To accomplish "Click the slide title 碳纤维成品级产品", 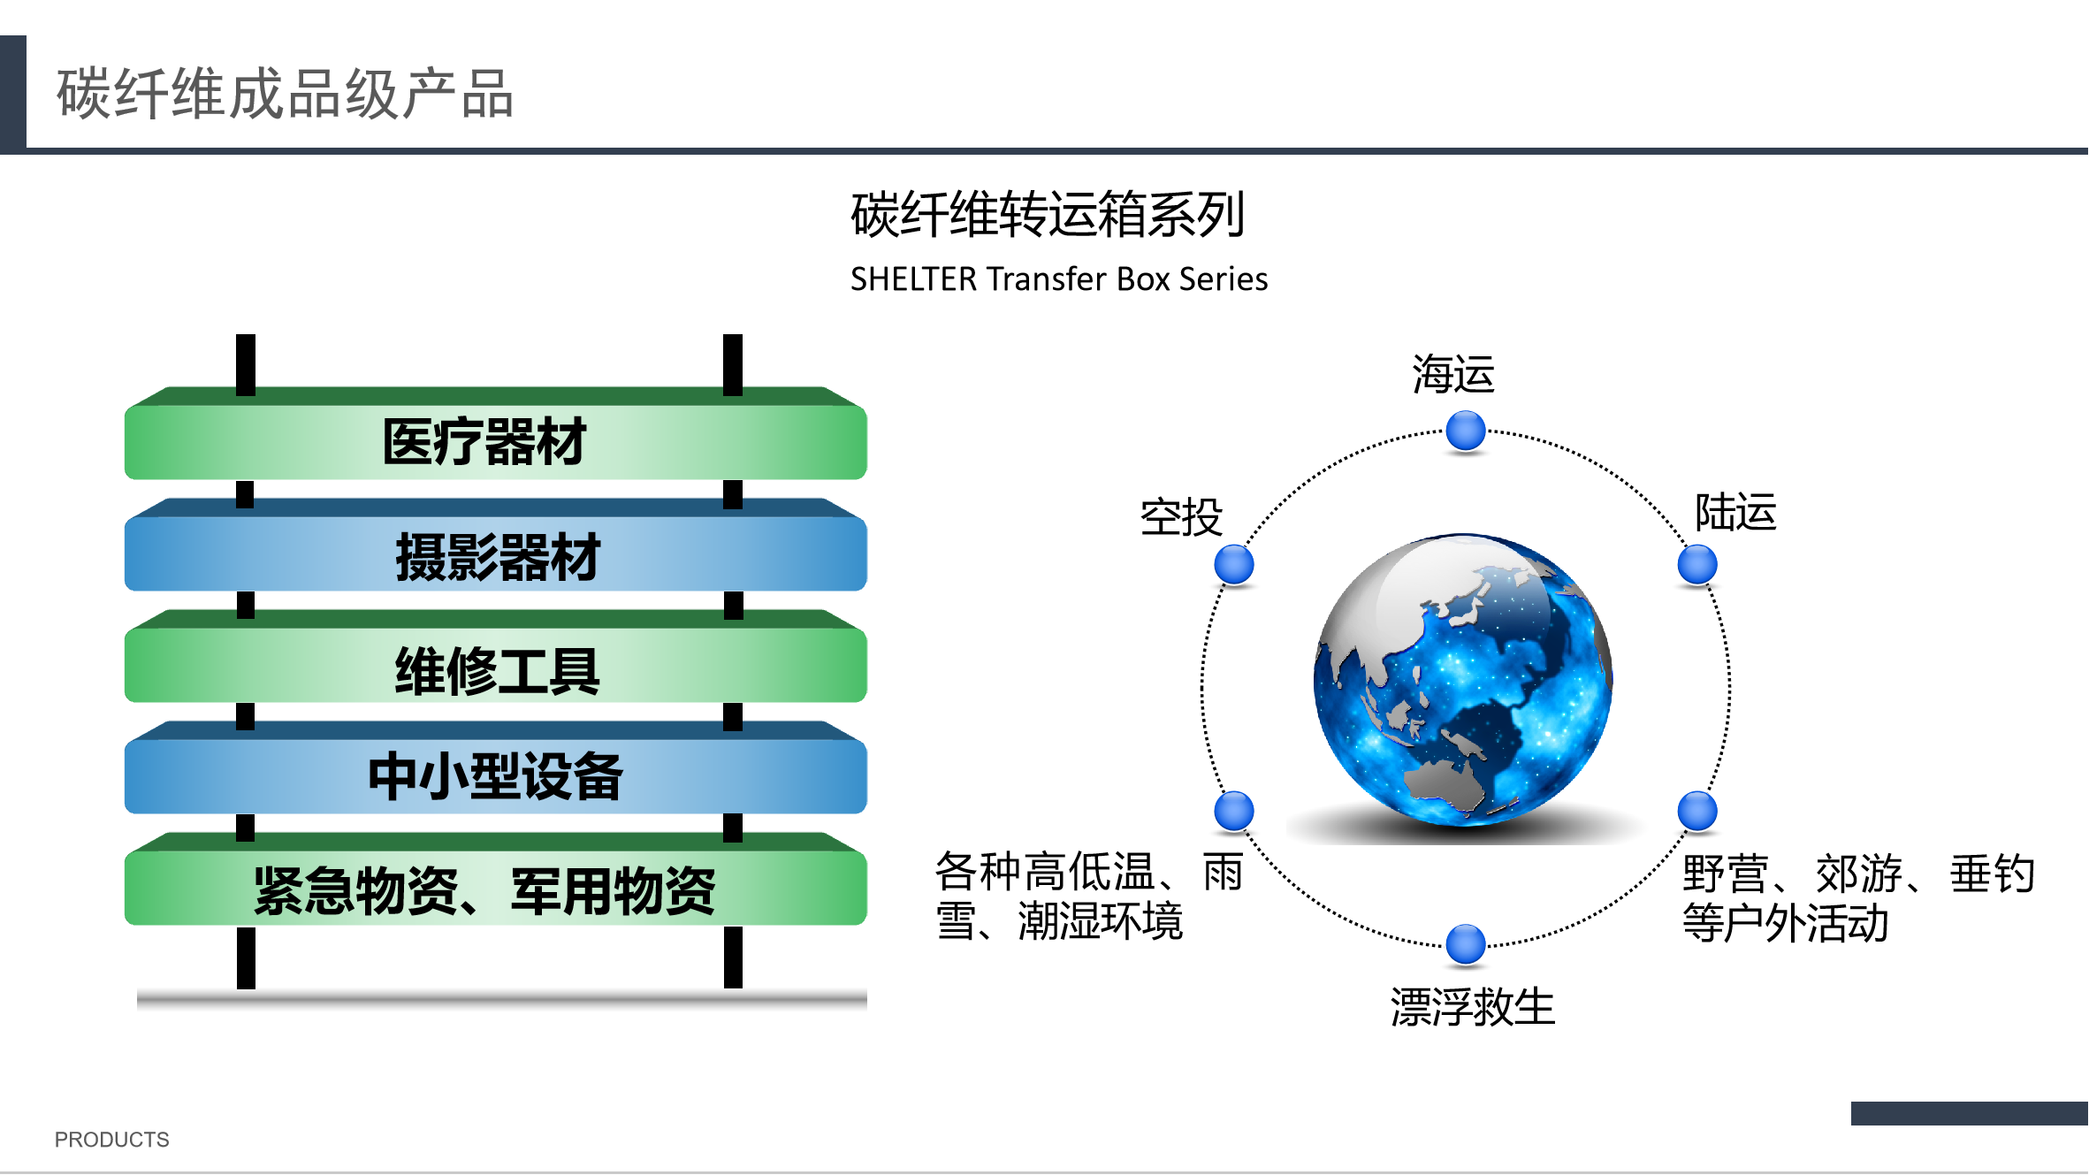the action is coord(285,94).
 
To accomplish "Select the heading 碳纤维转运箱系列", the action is coord(1048,215).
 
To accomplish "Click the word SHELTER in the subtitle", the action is coord(914,278).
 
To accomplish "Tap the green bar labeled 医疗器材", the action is coord(496,433).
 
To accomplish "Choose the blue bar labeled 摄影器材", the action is coord(496,545).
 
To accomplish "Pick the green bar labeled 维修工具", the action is coord(496,656).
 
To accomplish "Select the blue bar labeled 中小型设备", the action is coord(496,767).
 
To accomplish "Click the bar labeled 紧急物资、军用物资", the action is coord(496,879).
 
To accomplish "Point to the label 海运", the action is coord(1453,374).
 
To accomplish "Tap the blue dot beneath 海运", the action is coord(1466,431).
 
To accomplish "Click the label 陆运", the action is coord(1735,512).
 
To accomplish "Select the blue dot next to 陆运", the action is coord(1697,565).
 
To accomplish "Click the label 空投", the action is coord(1182,517).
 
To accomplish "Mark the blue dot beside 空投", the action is coord(1234,565).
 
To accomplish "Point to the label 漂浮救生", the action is coord(1473,1007).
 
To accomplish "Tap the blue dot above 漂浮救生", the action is coord(1466,944).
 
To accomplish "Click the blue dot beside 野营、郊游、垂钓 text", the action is coord(1697,811).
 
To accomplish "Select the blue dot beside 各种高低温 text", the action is coord(1234,811).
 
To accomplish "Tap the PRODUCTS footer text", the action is coord(112,1140).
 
